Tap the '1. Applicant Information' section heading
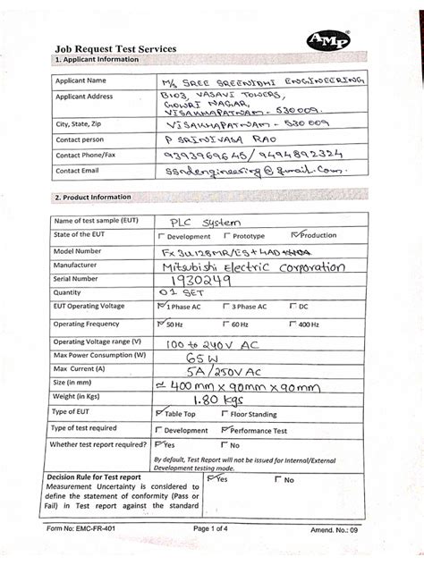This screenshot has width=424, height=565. click(x=97, y=60)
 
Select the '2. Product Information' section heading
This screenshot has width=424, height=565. click(x=93, y=197)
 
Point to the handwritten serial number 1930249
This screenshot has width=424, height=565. click(x=199, y=280)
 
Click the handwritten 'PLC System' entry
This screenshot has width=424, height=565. click(x=201, y=223)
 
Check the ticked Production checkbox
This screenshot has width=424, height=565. click(x=295, y=236)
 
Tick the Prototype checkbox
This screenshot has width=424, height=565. click(x=226, y=237)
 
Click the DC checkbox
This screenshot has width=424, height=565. click(x=292, y=307)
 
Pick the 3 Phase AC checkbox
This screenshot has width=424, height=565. click(x=226, y=307)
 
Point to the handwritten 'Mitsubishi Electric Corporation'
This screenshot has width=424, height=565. click(x=250, y=266)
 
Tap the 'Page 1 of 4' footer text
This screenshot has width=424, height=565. click(x=218, y=553)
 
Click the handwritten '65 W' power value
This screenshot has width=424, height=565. click(x=191, y=356)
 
